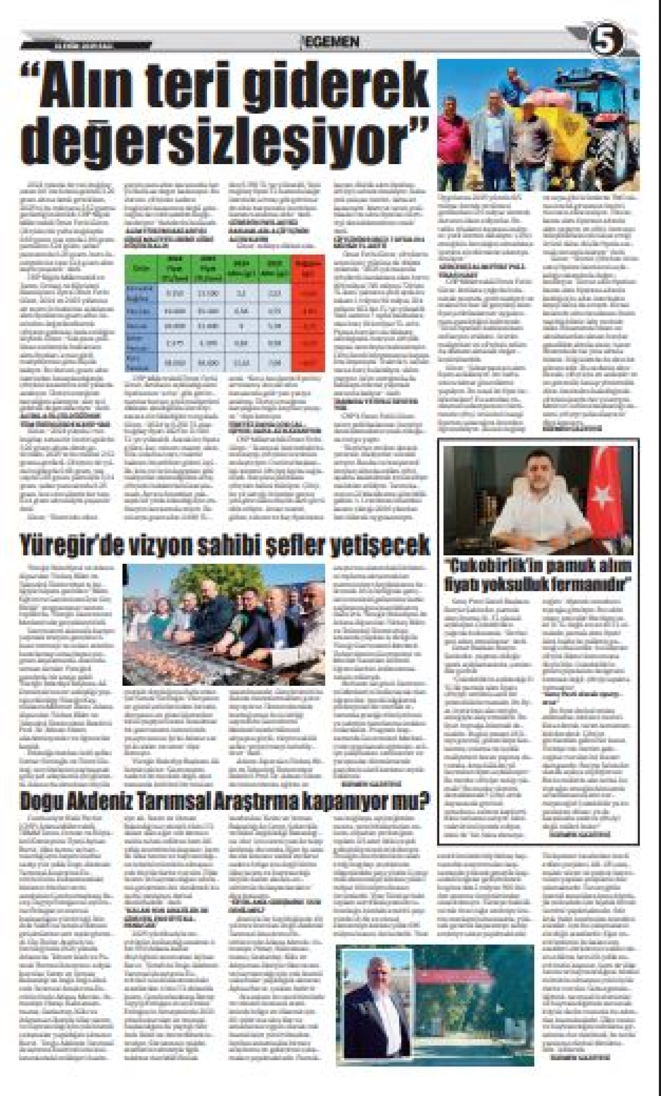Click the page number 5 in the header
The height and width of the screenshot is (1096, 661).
(x=608, y=43)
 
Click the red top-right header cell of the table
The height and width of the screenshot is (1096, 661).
(x=308, y=269)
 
